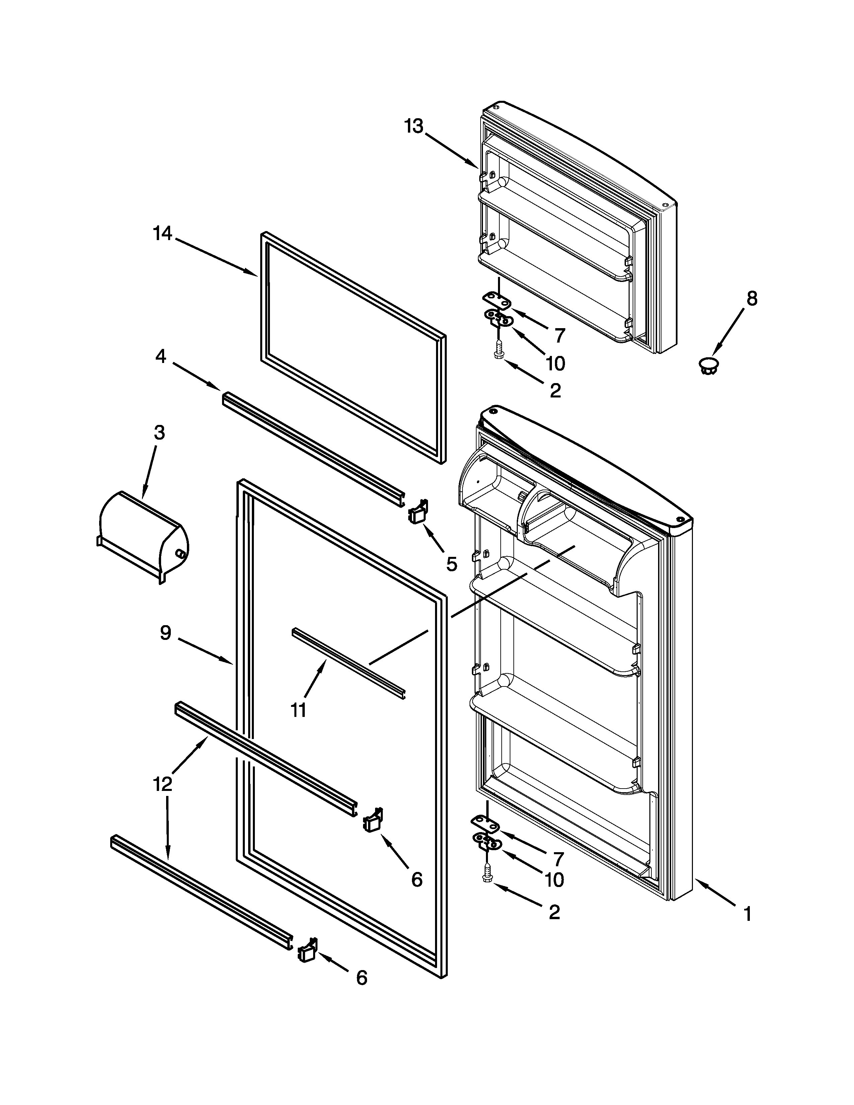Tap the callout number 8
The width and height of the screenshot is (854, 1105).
pyautogui.click(x=752, y=299)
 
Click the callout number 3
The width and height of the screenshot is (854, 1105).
pyautogui.click(x=159, y=433)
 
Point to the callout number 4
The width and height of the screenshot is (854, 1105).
pyautogui.click(x=160, y=357)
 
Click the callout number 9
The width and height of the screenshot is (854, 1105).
pyautogui.click(x=165, y=633)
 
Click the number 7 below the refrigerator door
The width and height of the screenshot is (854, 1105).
pyautogui.click(x=558, y=859)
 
